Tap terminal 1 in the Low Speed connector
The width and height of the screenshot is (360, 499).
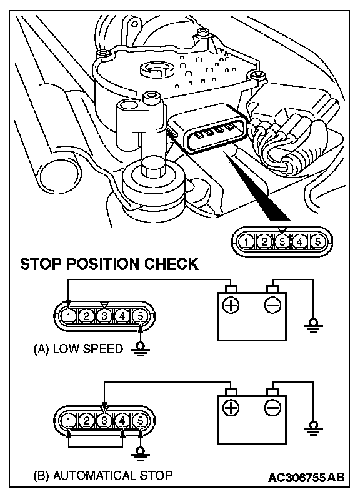coord(69,316)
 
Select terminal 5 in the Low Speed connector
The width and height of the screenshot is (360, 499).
coord(140,316)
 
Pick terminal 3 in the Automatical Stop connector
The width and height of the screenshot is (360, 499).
coord(104,421)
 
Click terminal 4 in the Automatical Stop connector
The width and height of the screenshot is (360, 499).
coord(122,421)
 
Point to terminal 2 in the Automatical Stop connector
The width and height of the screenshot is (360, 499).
coord(86,421)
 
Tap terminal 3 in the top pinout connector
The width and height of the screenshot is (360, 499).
coord(282,242)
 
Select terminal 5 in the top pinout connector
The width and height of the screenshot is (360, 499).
coord(317,242)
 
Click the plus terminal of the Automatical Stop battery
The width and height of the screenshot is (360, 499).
coord(231,408)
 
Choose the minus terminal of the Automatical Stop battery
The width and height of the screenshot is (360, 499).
coord(272,408)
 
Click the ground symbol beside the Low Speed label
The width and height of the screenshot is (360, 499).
coord(140,349)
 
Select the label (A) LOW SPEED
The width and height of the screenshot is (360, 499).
coord(78,349)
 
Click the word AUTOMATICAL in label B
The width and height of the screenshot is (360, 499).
coord(94,475)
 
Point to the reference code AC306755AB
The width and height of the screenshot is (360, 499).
coord(306,477)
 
